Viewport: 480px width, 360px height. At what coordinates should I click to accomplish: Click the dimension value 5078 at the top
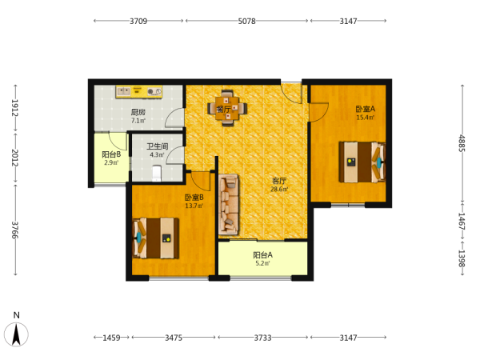coord(246,21)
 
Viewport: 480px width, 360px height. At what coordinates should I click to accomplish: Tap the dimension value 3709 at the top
coord(138,21)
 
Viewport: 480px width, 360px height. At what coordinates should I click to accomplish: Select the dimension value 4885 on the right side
coord(462,143)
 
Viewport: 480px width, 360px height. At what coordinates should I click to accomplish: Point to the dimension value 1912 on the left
coord(15,108)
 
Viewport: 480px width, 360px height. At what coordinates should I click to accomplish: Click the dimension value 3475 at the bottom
coord(174,338)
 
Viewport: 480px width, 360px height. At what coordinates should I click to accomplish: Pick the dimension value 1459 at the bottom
coord(111,338)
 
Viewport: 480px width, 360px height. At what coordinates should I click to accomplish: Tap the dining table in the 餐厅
coord(227,108)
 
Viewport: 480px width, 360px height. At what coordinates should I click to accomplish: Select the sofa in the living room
coord(229,205)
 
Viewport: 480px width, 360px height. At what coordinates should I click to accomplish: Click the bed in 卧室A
coord(362,162)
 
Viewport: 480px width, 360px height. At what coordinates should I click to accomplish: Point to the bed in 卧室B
coord(155,238)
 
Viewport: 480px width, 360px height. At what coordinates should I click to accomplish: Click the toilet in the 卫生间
coord(157,174)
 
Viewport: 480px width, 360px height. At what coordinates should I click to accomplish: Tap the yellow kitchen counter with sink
coord(139,91)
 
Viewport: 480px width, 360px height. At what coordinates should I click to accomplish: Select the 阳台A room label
coord(262,254)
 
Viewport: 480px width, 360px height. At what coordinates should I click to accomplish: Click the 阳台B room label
coord(111,154)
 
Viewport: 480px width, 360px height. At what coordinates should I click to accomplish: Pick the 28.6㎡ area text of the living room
coord(279,189)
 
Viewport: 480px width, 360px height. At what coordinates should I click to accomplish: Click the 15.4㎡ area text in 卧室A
coord(366,118)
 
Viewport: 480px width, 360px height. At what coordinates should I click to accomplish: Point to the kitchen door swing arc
coord(174,118)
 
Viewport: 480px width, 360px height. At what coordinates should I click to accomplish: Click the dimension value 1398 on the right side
coord(462,258)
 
